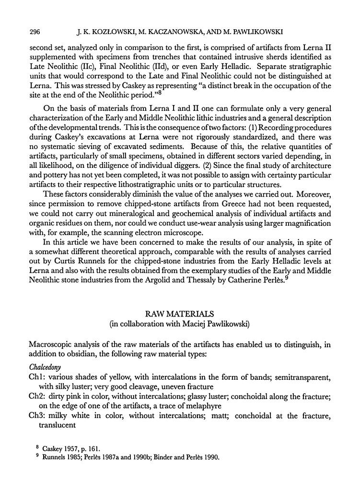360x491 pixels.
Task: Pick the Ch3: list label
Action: [38, 416]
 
